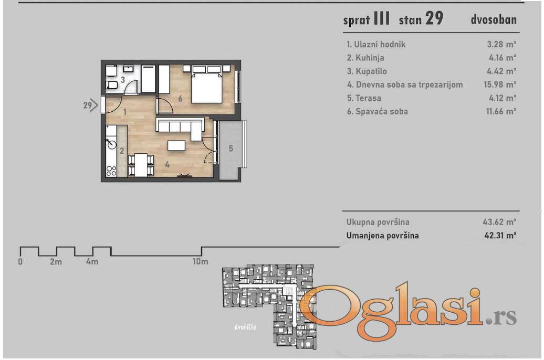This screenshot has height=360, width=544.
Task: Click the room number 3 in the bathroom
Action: (123, 80)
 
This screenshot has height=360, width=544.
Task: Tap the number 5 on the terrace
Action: (231, 149)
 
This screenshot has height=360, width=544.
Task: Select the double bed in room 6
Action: (206, 84)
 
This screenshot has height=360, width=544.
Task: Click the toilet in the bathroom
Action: (112, 85)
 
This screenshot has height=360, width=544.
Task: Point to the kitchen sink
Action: (111, 142)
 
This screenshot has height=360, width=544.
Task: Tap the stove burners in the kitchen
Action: (111, 171)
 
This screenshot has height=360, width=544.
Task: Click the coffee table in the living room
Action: (176, 145)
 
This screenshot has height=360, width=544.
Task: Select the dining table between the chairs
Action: (141, 165)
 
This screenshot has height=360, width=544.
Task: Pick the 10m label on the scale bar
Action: (201, 261)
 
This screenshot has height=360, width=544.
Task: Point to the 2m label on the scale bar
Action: (56, 262)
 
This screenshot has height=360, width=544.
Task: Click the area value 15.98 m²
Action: (500, 84)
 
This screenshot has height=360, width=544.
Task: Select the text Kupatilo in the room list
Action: (371, 71)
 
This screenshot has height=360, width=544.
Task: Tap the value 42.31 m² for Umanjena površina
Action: (500, 236)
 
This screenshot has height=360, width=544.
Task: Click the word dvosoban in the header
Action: (494, 19)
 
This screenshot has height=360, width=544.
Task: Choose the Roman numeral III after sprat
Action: (381, 18)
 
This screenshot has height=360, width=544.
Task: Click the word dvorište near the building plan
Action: (245, 327)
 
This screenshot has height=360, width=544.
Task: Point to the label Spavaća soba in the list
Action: (382, 112)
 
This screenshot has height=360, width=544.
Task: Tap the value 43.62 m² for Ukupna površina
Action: (499, 221)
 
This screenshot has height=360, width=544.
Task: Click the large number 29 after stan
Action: (434, 18)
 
